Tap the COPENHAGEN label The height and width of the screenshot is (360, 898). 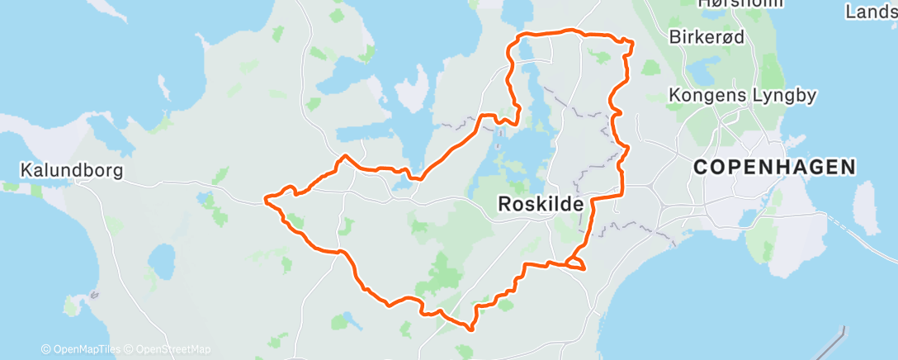[x=775, y=167]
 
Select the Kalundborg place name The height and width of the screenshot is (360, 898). [x=72, y=171]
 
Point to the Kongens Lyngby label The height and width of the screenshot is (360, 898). [x=743, y=95]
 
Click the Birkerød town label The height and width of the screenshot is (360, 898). [x=707, y=36]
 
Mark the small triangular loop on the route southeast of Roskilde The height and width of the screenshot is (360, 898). [x=575, y=263]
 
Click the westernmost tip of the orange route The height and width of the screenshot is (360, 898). [x=265, y=198]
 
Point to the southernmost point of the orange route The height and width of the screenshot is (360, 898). [x=470, y=329]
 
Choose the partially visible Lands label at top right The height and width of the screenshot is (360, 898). [x=871, y=12]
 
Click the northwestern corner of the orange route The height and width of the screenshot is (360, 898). [x=520, y=36]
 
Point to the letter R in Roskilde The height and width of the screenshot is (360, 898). [x=505, y=204]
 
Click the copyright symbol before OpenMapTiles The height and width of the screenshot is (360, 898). [x=45, y=349]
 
